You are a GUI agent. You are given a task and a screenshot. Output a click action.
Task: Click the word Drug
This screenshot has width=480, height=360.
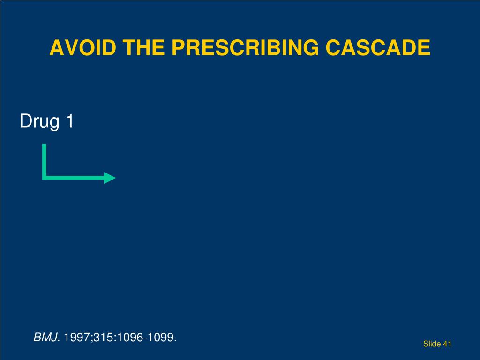click(x=40, y=122)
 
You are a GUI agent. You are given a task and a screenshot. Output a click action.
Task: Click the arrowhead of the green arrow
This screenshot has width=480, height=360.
click(x=110, y=178)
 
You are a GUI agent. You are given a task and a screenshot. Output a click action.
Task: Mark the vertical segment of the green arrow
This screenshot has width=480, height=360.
click(x=45, y=159)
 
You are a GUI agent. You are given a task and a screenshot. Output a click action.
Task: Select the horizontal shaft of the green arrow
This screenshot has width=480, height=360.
click(x=75, y=178)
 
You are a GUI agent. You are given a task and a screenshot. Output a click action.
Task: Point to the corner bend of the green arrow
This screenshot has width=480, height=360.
click(x=45, y=178)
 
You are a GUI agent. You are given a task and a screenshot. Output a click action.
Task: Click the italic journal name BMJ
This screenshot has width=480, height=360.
click(x=46, y=337)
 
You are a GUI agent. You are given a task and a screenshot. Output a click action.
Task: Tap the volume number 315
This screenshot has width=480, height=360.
click(x=98, y=337)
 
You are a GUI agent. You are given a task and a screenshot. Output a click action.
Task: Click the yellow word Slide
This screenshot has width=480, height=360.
click(x=432, y=344)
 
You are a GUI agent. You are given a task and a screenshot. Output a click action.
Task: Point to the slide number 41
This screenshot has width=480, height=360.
click(x=447, y=344)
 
